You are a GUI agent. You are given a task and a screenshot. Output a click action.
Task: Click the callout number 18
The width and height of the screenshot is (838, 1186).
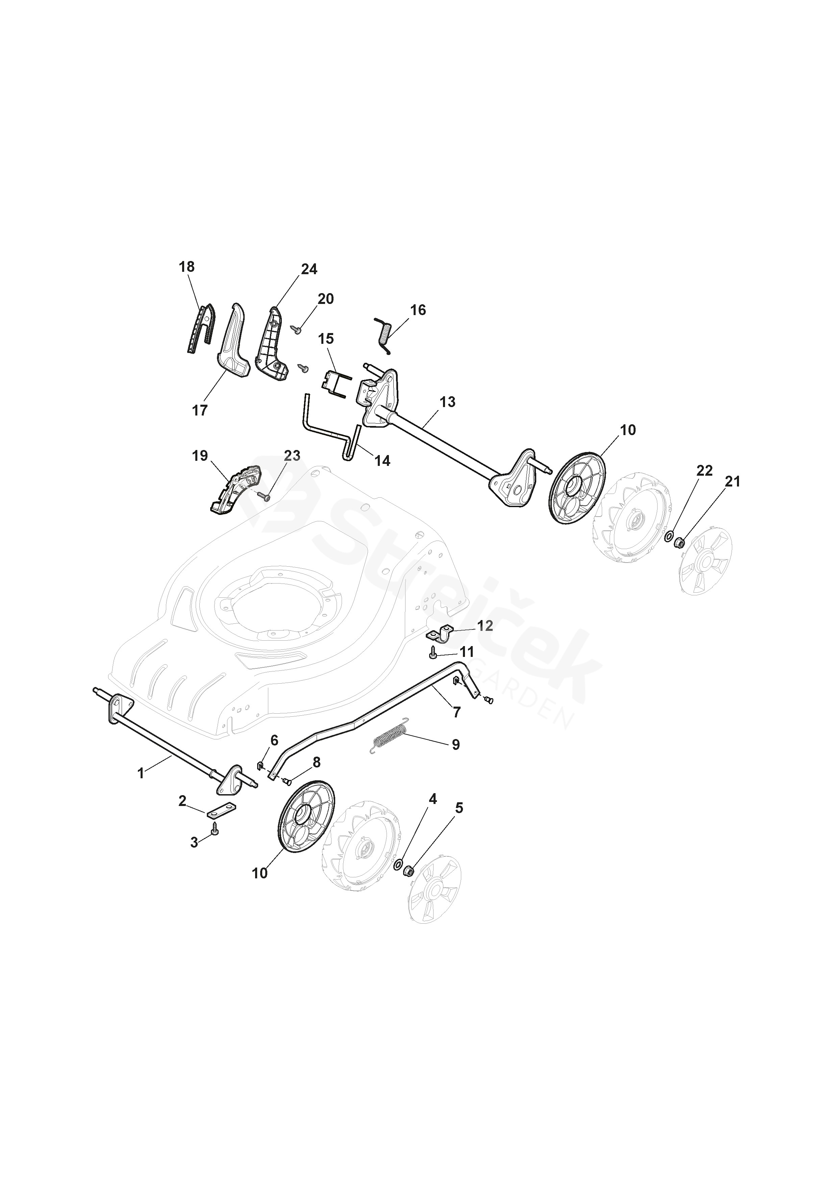(187, 267)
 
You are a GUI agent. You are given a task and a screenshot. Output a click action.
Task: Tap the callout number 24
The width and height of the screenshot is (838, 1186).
(309, 269)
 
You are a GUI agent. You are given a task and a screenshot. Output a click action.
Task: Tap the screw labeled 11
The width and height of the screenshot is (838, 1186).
(433, 653)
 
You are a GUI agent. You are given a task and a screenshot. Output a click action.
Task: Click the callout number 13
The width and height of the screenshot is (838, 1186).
(448, 401)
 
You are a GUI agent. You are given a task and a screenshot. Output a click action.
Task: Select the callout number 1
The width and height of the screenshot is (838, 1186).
(141, 788)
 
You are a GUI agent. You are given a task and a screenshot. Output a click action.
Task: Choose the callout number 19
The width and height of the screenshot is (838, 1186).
(200, 456)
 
